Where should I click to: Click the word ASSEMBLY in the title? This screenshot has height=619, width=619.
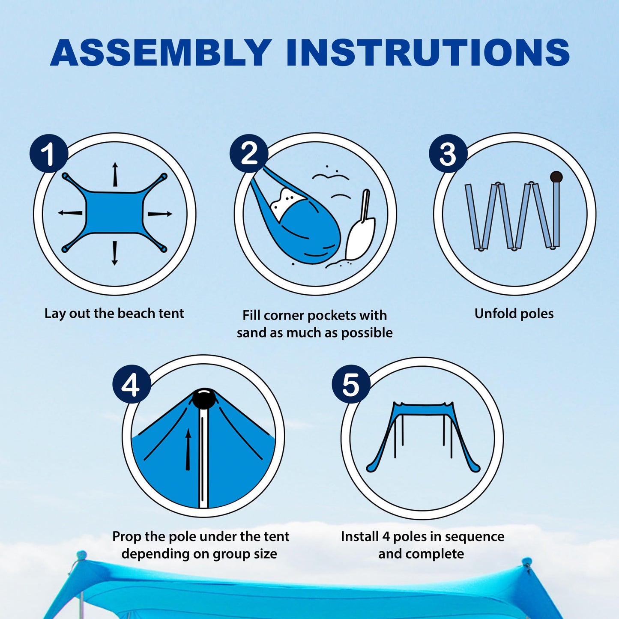tap(161, 53)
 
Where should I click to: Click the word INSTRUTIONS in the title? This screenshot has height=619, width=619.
tap(428, 53)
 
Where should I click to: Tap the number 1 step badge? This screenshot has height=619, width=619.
tap(48, 154)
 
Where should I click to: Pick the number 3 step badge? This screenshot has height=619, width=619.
tap(448, 154)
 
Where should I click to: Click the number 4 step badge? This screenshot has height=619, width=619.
tap(132, 384)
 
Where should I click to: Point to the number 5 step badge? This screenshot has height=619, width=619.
tap(351, 384)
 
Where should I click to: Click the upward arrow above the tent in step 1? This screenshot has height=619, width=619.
tap(115, 175)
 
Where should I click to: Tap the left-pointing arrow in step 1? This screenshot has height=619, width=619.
tap(70, 212)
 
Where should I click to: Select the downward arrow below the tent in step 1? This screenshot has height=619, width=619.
tap(114, 253)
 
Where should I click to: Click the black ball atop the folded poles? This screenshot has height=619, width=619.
tap(556, 176)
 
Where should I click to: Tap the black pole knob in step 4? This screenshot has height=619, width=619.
tap(204, 399)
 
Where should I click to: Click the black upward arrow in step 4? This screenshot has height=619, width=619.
tap(188, 450)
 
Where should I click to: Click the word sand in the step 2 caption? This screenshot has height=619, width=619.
tap(251, 333)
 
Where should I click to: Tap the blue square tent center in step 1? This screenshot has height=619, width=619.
tap(114, 212)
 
